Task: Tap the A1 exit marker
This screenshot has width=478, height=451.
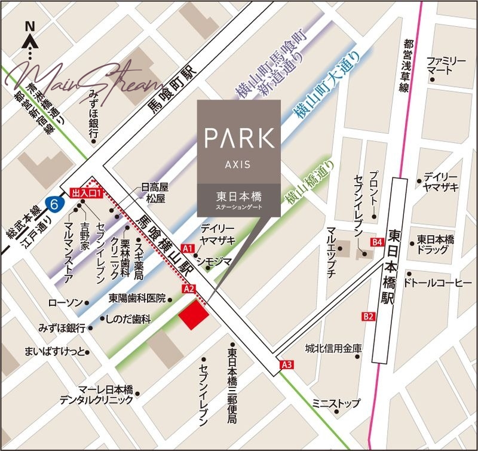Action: [x=188, y=248]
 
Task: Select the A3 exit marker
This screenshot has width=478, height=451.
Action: [x=287, y=364]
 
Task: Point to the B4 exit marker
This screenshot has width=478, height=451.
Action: [x=376, y=242]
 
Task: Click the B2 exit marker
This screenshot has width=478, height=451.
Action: [x=368, y=316]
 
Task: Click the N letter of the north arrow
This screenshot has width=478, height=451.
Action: [x=29, y=26]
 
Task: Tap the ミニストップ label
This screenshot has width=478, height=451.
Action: [x=338, y=403]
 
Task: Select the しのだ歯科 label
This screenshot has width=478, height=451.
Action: [x=128, y=320]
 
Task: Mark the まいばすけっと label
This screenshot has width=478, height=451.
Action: [x=56, y=350]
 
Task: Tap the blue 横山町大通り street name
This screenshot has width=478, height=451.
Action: [x=328, y=84]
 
